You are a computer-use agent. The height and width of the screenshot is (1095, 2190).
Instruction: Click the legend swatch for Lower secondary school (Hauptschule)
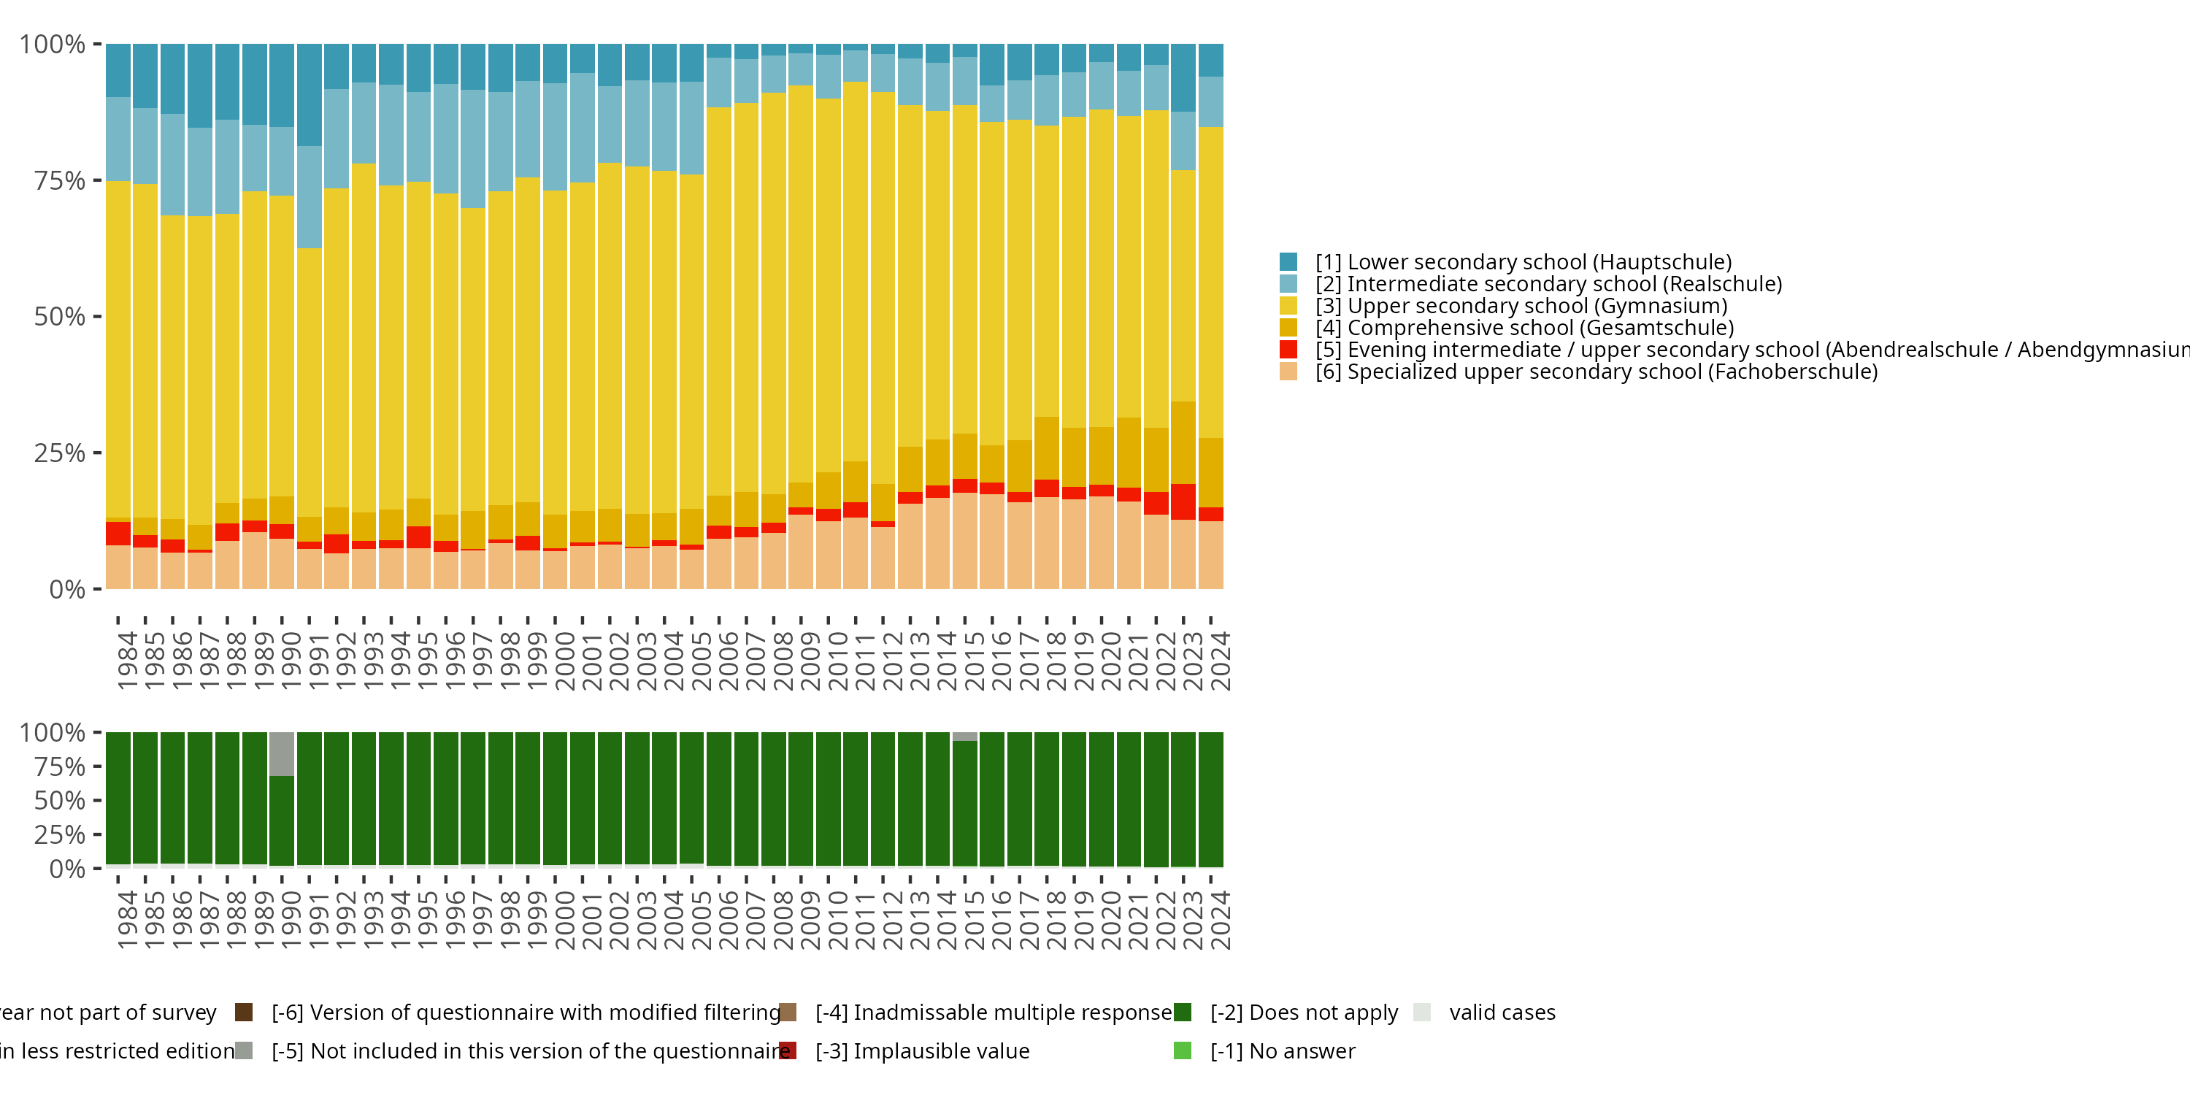point(1288,262)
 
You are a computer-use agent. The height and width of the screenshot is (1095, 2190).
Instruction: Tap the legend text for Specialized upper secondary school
point(1596,372)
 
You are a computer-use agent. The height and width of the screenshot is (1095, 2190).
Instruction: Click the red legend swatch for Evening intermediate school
point(1288,350)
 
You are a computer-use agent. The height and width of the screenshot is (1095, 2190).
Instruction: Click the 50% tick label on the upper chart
point(60,317)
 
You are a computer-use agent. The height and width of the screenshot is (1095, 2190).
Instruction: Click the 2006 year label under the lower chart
point(729,921)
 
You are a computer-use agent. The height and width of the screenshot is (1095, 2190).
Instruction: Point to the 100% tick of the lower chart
point(53,733)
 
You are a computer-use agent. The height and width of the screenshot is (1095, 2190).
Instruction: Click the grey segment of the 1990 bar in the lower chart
point(281,754)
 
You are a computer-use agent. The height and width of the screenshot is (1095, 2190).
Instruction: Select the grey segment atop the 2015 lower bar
point(965,737)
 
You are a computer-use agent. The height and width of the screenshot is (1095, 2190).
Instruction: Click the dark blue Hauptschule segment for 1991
point(310,95)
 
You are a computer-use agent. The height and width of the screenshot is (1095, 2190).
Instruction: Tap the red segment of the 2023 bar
point(1183,502)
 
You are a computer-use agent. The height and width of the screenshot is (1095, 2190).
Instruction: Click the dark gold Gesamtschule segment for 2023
point(1183,443)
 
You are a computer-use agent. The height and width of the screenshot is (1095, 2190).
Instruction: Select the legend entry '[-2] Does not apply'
point(1303,1013)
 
